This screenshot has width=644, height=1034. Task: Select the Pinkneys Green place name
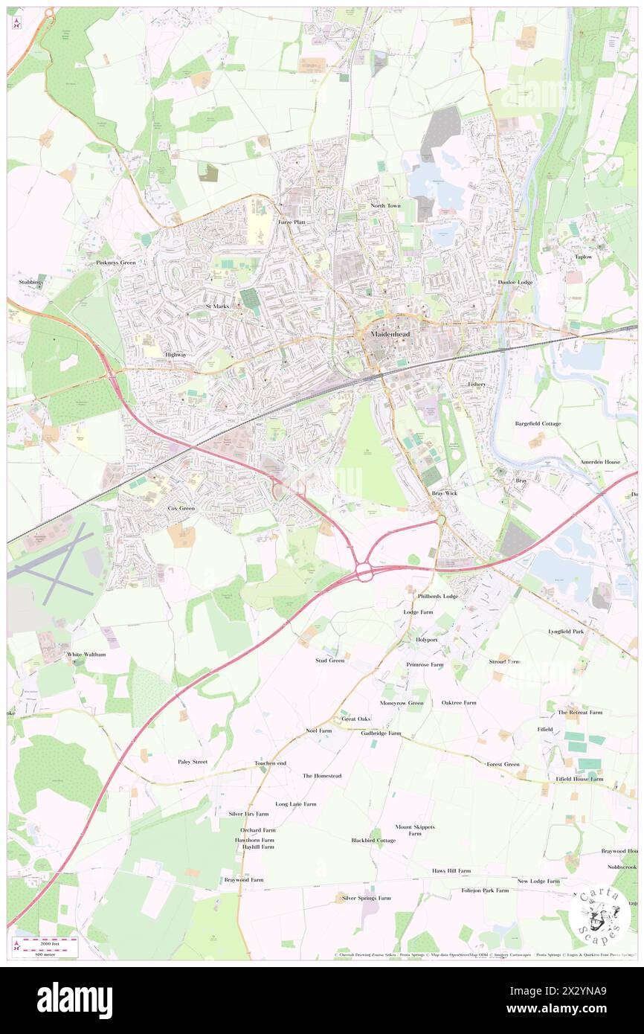pos(116,263)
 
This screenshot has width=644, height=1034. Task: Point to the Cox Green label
pos(181,508)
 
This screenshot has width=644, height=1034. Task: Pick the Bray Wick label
pos(444,493)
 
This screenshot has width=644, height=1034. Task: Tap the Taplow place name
pos(583,257)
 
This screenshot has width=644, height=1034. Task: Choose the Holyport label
pos(427,639)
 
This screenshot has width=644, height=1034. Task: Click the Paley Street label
pos(192,762)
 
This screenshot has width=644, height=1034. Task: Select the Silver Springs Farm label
pos(365,898)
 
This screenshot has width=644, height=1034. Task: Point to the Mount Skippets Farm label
pos(414,830)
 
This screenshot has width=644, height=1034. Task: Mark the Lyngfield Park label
pos(566,631)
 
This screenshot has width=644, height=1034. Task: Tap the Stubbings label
pos(31,283)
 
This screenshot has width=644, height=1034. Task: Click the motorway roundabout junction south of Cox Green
pos(364,572)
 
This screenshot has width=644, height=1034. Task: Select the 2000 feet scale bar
pos(51,943)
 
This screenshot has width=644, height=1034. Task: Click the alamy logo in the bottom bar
pos(74,1001)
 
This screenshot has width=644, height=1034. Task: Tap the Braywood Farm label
pos(244,879)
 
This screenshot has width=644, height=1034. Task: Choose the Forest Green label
pos(503,764)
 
